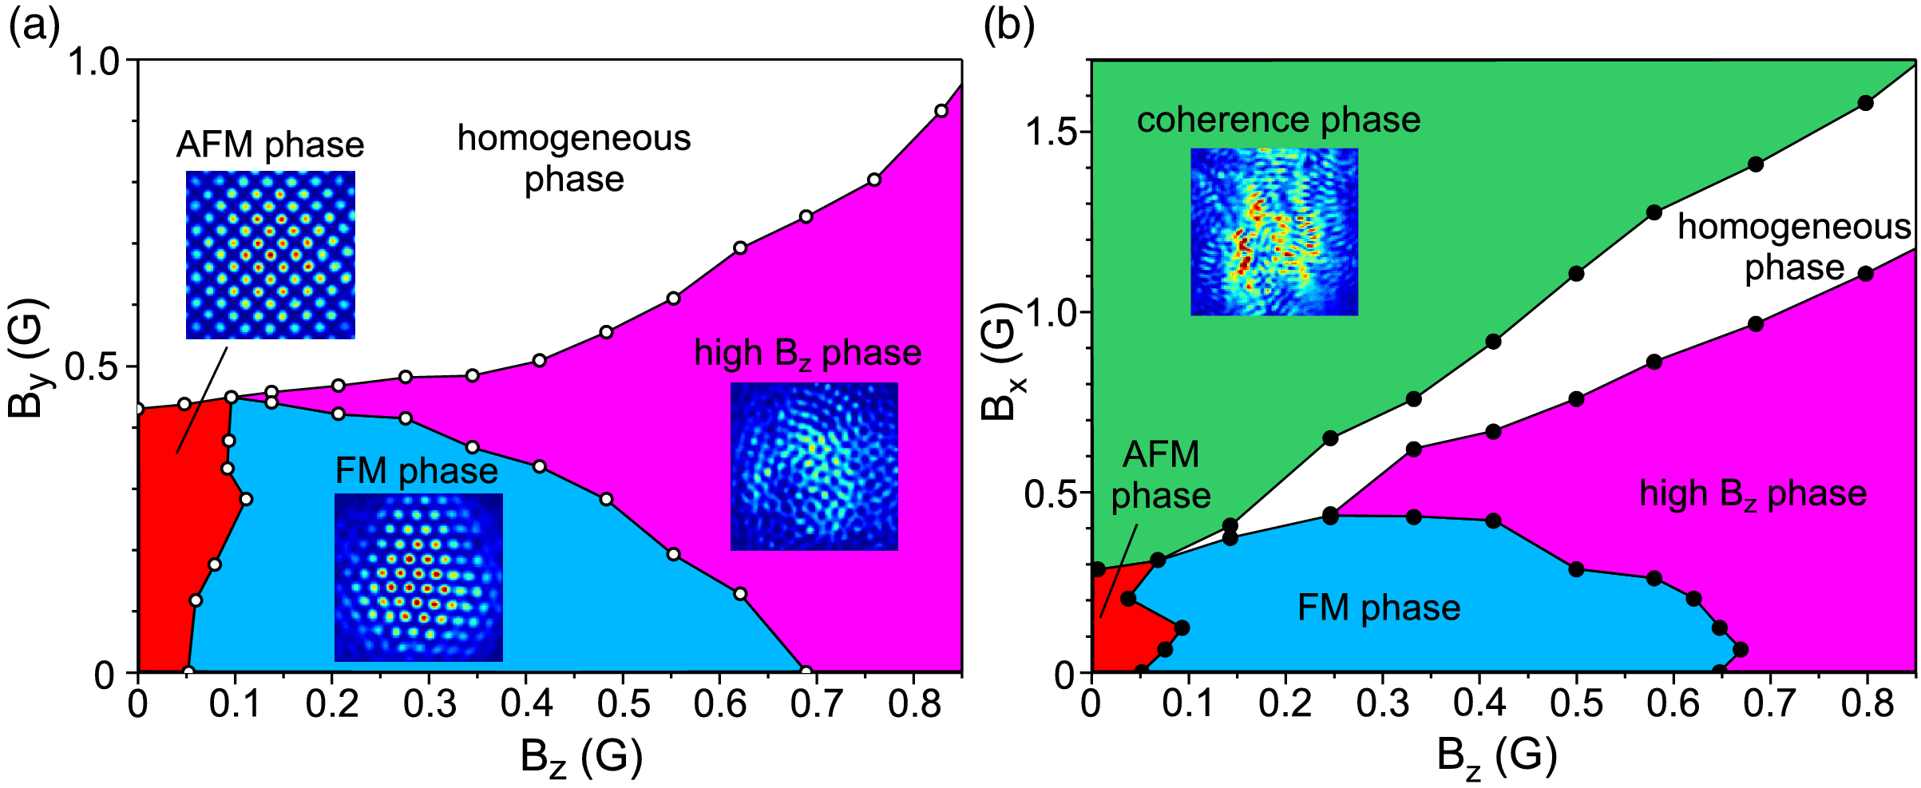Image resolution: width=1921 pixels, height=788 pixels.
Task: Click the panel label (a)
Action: point(34,28)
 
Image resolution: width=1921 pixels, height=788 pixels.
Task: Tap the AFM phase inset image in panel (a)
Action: point(271,255)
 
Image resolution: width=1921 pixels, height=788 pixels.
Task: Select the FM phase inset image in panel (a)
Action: point(418,577)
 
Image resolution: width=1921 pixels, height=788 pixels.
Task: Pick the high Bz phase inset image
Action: point(814,466)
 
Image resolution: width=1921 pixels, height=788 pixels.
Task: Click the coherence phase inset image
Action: point(1274,232)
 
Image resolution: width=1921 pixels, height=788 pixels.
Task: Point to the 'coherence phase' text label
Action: point(1278,121)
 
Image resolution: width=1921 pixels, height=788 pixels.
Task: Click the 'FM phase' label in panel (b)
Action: point(1379,608)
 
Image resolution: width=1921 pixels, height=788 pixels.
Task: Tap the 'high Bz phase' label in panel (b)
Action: point(1753,494)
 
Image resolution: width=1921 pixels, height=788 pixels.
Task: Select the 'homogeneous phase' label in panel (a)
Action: point(574,159)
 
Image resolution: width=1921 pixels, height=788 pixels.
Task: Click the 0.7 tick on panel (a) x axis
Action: point(817,704)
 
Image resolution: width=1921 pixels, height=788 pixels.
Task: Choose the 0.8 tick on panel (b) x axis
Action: point(1867,704)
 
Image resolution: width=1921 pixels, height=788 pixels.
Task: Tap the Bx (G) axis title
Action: point(1000,362)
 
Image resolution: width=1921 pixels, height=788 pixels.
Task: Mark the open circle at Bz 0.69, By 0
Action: point(806,672)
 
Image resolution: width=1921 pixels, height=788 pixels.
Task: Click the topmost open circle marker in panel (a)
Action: point(941,111)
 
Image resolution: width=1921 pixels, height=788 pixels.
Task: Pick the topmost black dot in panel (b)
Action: point(1865,103)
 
